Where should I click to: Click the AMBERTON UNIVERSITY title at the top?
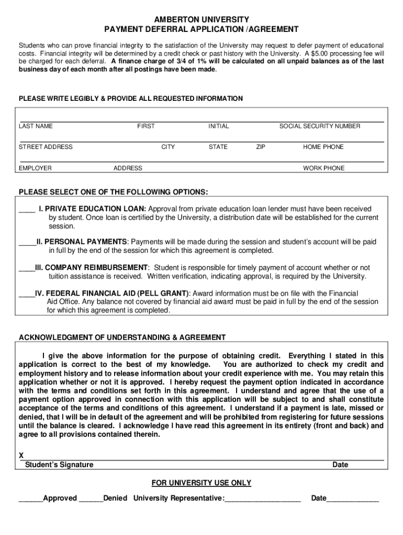tap(201, 19)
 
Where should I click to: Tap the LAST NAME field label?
tap(36, 126)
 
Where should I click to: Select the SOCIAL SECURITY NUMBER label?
tap(319, 126)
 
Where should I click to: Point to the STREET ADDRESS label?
tap(46, 147)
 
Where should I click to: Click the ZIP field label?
tap(260, 147)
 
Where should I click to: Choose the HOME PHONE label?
tap(323, 147)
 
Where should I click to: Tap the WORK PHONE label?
tap(323, 168)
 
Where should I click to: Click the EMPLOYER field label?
tap(35, 168)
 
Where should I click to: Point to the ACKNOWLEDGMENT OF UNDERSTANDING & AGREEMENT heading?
tap(122, 338)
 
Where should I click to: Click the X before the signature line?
tap(21, 456)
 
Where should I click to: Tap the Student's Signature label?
tap(59, 464)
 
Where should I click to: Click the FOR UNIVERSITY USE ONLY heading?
tap(201, 483)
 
